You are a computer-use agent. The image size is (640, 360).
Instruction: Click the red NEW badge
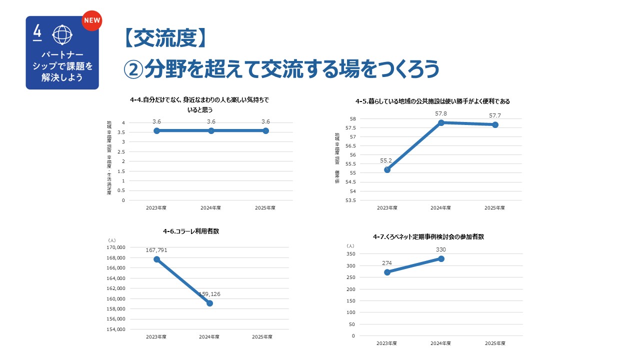pos(91,21)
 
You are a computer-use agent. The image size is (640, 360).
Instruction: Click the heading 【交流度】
pos(164,38)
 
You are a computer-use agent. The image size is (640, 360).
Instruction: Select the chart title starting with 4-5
pos(432,101)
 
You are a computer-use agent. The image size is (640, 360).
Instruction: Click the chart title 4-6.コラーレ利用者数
pos(191,231)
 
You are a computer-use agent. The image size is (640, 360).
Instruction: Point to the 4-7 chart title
pos(428,236)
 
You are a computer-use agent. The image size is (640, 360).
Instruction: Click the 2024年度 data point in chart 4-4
pos(211,130)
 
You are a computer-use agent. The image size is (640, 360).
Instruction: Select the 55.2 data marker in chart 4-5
pos(387,169)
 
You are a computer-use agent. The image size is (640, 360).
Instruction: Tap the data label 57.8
pos(441,114)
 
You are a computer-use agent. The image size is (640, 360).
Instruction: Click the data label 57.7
pos(495,116)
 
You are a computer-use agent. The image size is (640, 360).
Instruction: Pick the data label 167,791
pos(156,249)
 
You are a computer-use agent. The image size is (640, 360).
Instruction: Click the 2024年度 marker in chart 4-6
pos(209,303)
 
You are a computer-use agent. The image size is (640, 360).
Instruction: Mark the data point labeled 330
pos(441,258)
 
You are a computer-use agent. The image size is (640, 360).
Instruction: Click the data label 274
pos(387,263)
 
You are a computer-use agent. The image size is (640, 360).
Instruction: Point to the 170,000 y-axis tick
pos(116,247)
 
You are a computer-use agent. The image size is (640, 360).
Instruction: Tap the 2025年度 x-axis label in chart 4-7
pos(495,343)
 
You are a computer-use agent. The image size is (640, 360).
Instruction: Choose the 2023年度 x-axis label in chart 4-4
pos(156,208)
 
